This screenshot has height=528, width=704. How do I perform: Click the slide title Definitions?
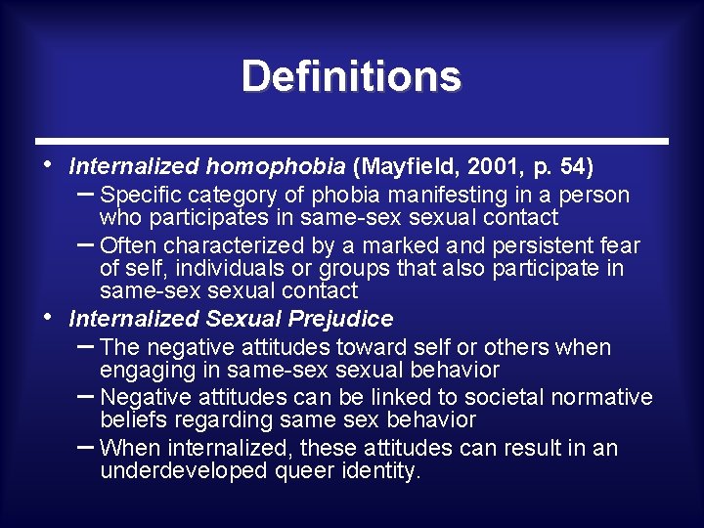[x=351, y=76]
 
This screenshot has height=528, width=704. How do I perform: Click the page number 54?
[x=570, y=166]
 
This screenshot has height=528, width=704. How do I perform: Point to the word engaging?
[x=145, y=371]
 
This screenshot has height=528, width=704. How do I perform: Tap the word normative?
[x=601, y=397]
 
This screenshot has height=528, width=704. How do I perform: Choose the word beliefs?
[x=131, y=420]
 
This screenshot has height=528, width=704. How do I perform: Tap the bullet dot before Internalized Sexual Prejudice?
[x=50, y=316]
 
